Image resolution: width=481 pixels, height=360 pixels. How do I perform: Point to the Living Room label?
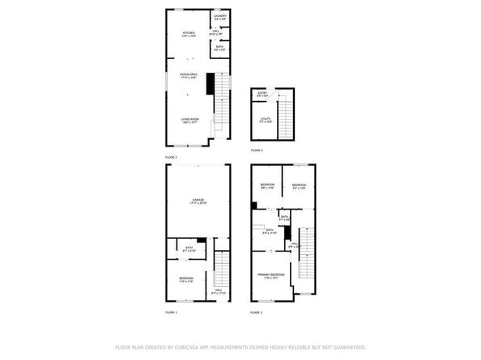tap(188, 120)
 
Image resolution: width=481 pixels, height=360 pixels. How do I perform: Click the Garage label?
tap(198, 201)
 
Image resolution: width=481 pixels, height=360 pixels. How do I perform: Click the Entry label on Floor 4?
tap(262, 94)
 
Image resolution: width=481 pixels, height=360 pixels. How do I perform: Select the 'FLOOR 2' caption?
tap(172, 156)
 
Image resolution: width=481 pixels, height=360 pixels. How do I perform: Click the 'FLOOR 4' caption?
tap(257, 150)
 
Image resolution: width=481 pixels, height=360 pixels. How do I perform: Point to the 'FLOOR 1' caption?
tap(172, 311)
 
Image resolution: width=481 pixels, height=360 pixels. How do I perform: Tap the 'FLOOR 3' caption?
tap(257, 311)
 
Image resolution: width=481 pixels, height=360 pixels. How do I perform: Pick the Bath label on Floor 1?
tap(189, 249)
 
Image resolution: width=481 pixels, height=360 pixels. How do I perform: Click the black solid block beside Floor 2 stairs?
tap(211, 84)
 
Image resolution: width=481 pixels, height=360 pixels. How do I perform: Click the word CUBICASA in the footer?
tap(194, 347)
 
